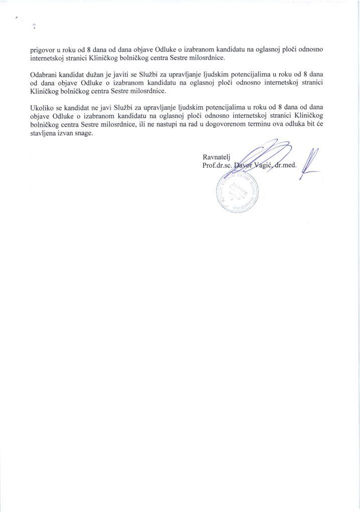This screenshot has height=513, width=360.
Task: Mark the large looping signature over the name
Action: [260, 155]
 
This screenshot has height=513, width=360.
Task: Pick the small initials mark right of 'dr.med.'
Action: [311, 165]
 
